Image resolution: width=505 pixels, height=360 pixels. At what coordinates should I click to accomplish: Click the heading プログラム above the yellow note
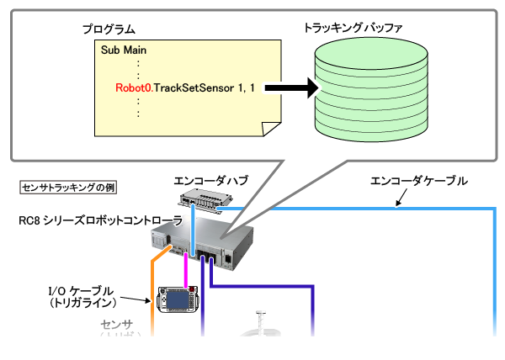click(x=108, y=29)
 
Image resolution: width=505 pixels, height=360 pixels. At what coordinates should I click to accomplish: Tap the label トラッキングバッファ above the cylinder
click(x=353, y=27)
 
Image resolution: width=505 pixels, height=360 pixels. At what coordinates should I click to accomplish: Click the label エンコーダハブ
click(x=205, y=180)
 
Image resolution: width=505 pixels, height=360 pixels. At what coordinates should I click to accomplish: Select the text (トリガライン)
click(x=81, y=302)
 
